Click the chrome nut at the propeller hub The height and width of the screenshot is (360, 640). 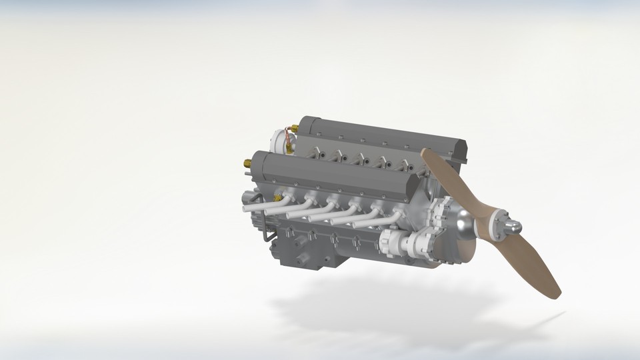tap(512, 228)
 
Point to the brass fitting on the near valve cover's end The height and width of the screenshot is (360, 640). tap(247, 163)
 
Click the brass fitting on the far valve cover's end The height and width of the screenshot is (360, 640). tap(294, 128)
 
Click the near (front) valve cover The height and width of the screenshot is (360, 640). tap(333, 177)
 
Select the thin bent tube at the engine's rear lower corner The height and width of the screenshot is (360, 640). tap(266, 233)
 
